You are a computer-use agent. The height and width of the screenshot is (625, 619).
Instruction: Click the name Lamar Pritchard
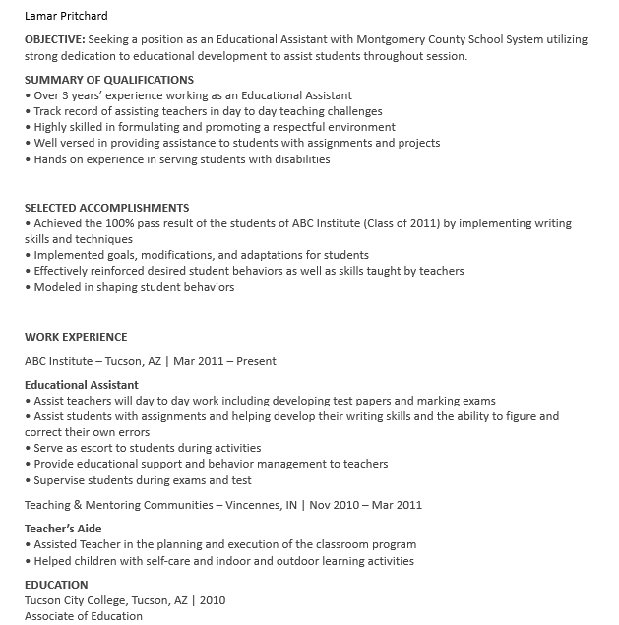pyautogui.click(x=66, y=16)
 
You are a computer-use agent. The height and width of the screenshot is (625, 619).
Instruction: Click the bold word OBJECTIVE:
pyautogui.click(x=55, y=40)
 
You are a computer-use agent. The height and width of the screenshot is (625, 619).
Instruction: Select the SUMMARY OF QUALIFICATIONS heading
pyautogui.click(x=109, y=80)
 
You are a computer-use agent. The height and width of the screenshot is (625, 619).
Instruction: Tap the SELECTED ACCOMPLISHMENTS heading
pyautogui.click(x=106, y=208)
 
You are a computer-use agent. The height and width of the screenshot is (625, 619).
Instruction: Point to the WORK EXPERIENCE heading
pyautogui.click(x=76, y=337)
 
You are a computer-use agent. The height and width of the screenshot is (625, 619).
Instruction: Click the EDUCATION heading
pyautogui.click(x=56, y=585)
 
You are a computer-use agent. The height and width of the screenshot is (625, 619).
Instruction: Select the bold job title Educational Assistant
pyautogui.click(x=82, y=385)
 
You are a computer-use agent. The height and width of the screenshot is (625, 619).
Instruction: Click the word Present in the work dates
pyautogui.click(x=257, y=361)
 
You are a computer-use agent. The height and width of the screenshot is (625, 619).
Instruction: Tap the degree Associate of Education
pyautogui.click(x=84, y=616)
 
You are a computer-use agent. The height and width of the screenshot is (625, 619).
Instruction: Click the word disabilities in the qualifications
pyautogui.click(x=297, y=159)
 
